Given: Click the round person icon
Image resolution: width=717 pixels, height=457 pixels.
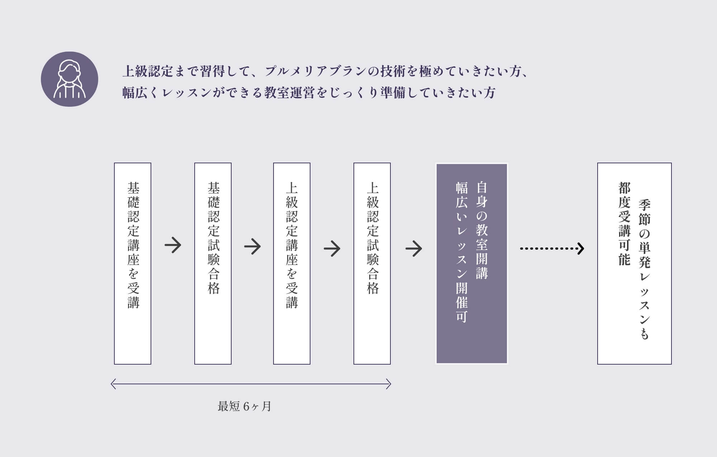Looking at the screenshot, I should [70, 79].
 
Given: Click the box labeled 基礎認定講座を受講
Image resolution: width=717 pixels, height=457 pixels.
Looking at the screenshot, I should [133, 264].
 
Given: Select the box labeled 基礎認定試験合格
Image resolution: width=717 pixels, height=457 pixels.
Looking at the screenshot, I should [213, 264].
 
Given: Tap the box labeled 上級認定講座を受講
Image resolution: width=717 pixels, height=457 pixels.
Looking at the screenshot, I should [292, 264].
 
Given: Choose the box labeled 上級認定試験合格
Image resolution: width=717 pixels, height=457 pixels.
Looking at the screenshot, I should [372, 264].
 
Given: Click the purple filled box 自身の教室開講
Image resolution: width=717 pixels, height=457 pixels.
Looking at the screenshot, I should [472, 264].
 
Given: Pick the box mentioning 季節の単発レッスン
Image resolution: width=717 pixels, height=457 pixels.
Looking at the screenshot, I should [635, 264].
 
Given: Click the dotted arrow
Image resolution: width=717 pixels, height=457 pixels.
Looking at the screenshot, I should [552, 248].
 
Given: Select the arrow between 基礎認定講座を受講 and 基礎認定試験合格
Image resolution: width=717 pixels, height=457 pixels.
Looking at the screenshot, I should [173, 245].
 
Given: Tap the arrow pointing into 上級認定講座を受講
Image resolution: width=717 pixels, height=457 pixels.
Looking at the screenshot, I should [252, 246].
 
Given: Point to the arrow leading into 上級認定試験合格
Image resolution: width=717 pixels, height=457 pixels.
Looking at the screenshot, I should [332, 248].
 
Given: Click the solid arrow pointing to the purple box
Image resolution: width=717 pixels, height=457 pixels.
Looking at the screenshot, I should [414, 248].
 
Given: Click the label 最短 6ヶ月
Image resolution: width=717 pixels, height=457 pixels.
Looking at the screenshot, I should [244, 407].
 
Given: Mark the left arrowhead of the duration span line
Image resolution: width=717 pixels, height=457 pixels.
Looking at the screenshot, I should [113, 384].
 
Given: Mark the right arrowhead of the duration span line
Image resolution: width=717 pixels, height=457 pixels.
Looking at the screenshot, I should [389, 384].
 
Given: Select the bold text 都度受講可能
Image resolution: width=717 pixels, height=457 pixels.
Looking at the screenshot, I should [624, 224].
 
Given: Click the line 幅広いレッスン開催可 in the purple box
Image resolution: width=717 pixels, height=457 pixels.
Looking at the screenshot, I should [462, 252].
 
